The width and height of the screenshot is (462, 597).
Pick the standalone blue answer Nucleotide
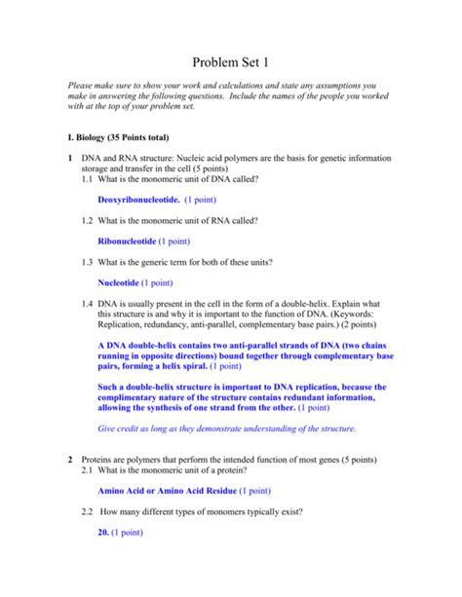[x=119, y=283]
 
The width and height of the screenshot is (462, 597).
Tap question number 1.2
[x=90, y=221]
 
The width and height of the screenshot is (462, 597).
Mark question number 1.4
[x=90, y=305]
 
